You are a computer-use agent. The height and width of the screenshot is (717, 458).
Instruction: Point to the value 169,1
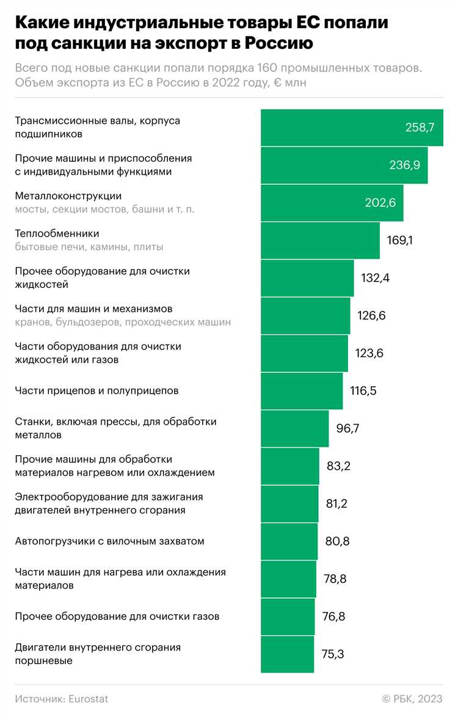(400, 240)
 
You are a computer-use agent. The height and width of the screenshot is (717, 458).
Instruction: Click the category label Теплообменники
(57, 234)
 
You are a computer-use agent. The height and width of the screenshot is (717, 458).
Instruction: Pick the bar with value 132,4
(307, 278)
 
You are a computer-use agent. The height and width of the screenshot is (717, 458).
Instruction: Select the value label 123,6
(369, 353)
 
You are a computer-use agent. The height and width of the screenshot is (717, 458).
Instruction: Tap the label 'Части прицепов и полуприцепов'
(96, 391)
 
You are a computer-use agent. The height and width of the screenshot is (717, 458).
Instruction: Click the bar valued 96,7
(294, 428)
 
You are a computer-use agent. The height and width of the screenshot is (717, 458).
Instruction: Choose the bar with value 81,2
(289, 504)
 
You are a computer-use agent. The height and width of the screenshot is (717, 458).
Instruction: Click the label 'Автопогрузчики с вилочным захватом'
(109, 541)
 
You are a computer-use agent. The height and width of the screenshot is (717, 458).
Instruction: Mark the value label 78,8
(335, 579)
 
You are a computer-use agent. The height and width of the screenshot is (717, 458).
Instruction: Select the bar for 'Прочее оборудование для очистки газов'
(288, 617)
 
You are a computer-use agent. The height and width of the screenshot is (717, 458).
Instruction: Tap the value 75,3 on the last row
(333, 655)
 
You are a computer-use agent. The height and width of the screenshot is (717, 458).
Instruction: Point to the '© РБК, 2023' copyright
(412, 699)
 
